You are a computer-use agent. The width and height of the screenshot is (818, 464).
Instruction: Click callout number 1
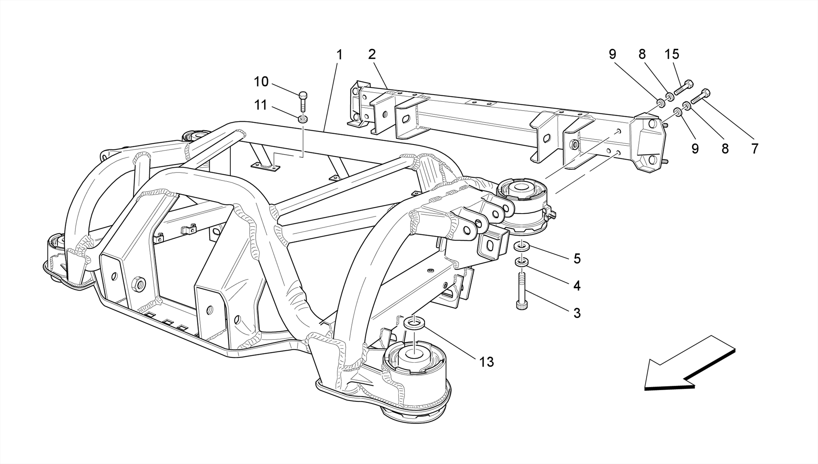(339, 55)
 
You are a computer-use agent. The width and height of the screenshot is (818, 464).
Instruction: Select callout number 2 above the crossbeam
(372, 55)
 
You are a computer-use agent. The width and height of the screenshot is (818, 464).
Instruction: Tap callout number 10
(261, 82)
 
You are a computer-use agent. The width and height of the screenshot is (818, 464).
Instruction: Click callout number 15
(672, 54)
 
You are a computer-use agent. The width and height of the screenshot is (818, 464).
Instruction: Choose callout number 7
(754, 149)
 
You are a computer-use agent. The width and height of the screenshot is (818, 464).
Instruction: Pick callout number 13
(486, 362)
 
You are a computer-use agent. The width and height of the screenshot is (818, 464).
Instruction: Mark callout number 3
(577, 313)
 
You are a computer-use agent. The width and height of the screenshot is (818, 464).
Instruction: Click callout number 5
(577, 259)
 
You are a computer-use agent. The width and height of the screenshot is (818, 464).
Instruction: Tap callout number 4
(577, 286)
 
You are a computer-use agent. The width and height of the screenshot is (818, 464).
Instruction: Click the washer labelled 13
(414, 323)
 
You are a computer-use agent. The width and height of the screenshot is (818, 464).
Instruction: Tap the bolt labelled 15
(684, 87)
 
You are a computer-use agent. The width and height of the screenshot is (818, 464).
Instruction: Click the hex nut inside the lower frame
(139, 283)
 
